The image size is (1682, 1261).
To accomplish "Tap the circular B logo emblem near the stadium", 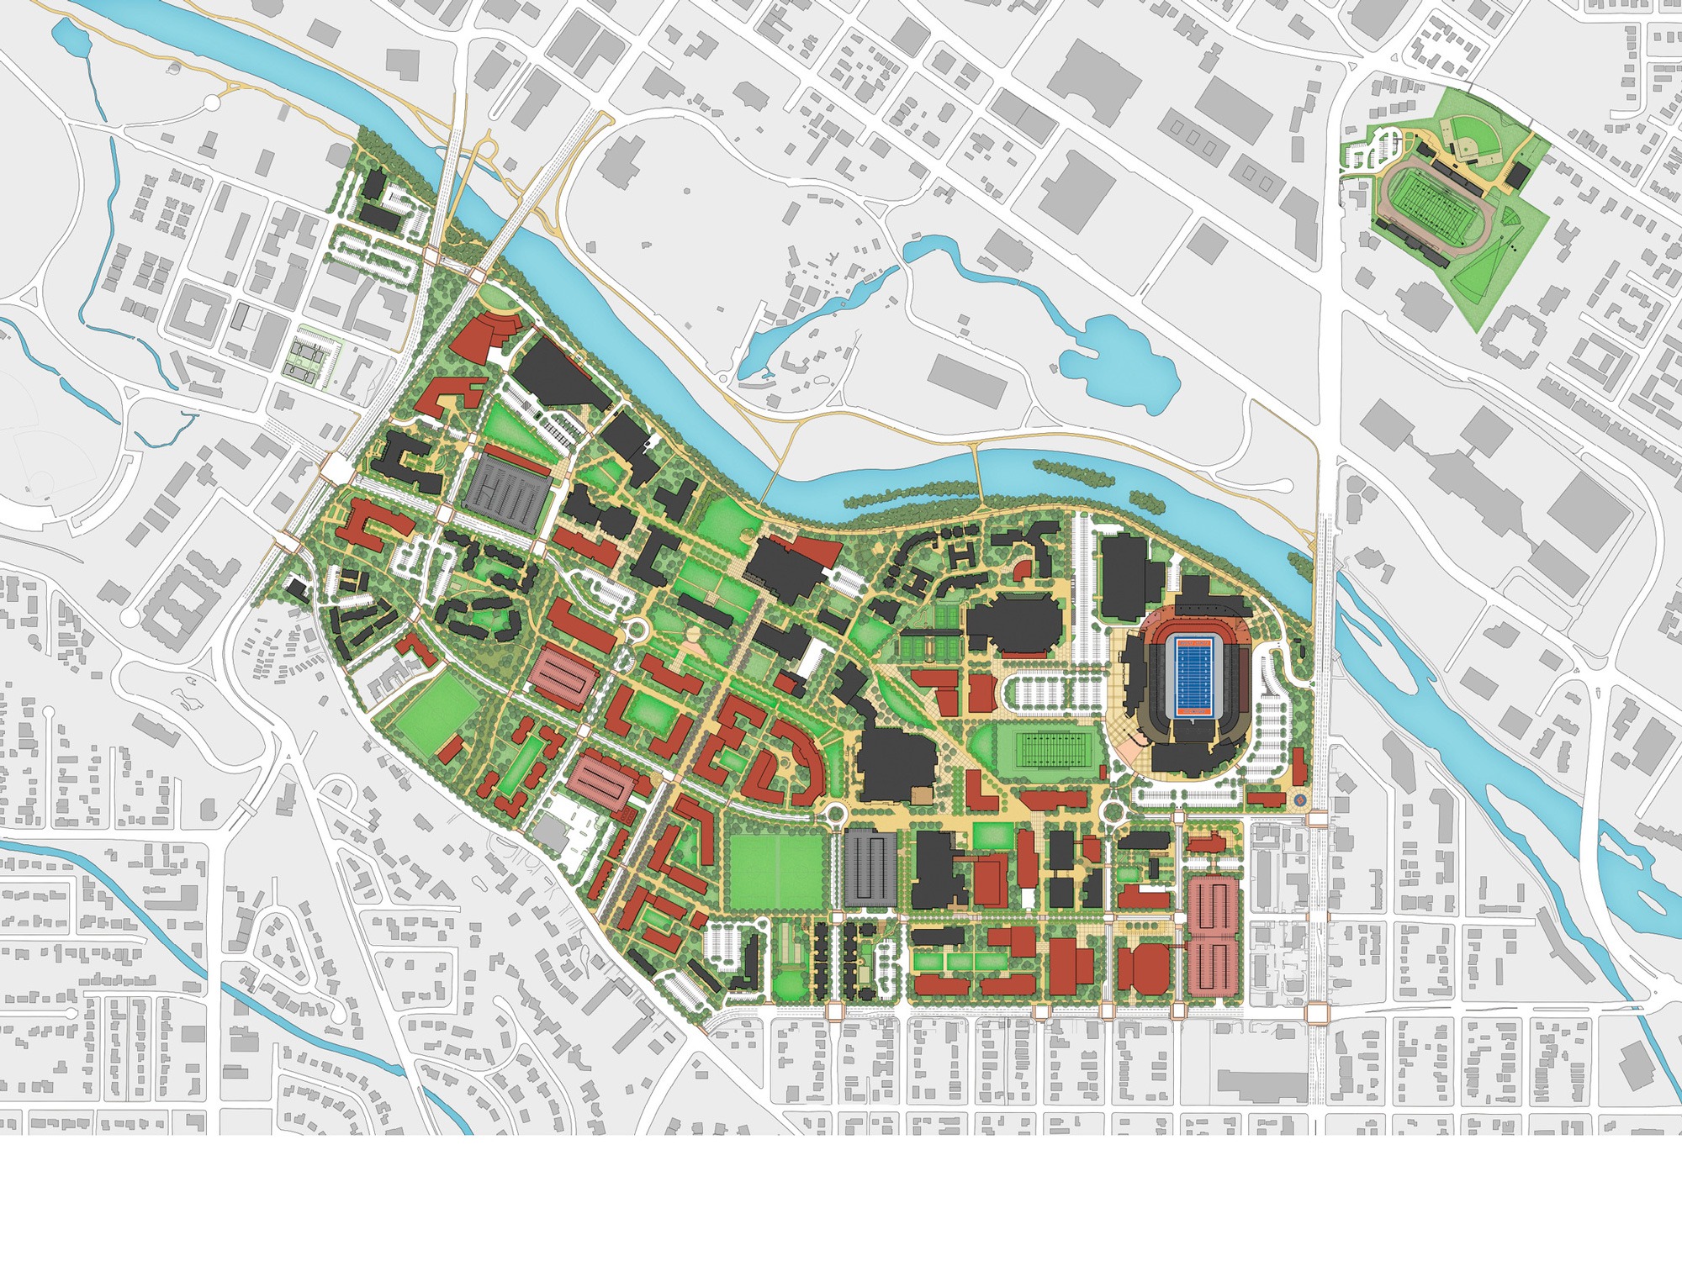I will [1299, 799].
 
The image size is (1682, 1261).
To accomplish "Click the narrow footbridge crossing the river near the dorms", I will [976, 478].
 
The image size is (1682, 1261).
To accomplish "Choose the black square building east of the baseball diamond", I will [1517, 175].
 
